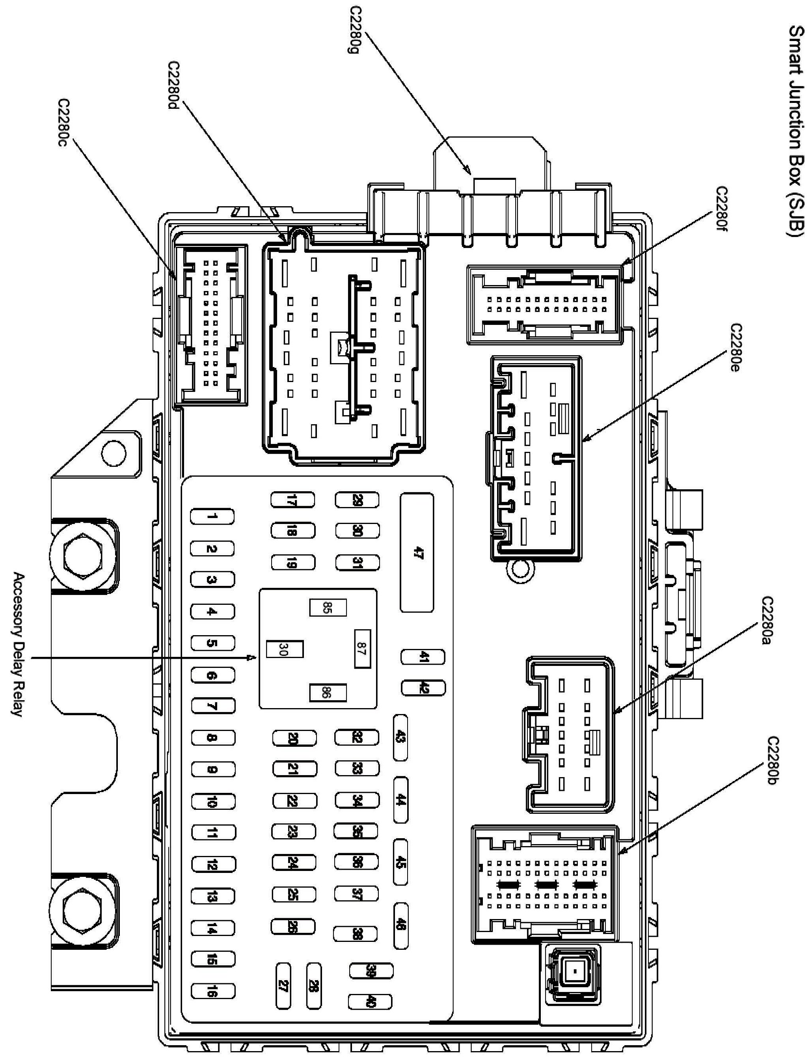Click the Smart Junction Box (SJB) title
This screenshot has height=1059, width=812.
pyautogui.click(x=797, y=131)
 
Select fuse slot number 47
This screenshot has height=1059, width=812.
pyautogui.click(x=417, y=552)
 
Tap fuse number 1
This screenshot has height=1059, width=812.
pyautogui.click(x=212, y=517)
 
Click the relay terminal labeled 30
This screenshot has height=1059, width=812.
pyautogui.click(x=285, y=649)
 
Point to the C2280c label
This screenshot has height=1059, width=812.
pyautogui.click(x=64, y=124)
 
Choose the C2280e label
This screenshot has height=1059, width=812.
pyautogui.click(x=735, y=348)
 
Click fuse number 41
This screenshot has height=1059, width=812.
pyautogui.click(x=423, y=657)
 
